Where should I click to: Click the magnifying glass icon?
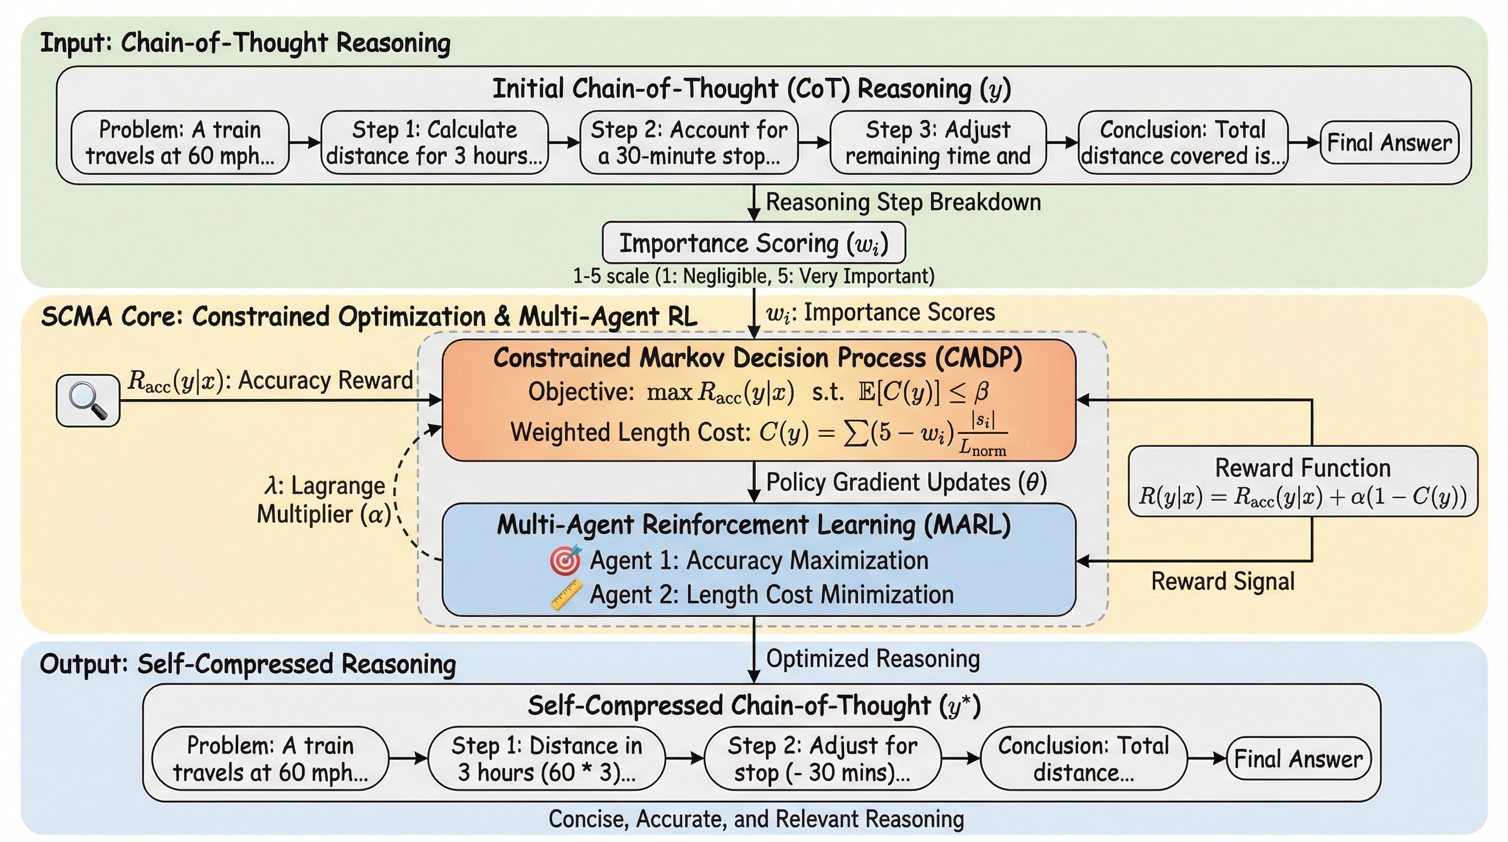88,401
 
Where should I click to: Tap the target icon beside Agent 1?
565,560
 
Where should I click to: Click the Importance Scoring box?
753,243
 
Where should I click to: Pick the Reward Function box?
1303,481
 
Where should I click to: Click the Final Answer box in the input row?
1389,143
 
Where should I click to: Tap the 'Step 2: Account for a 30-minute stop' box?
689,143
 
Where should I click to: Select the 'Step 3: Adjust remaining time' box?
938,143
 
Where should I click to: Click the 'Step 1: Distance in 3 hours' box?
547,759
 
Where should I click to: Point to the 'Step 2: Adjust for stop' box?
822,759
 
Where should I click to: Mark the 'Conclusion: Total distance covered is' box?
1183,143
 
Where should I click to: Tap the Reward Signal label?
1223,582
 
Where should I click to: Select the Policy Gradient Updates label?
906,482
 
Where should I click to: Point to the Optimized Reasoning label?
873,659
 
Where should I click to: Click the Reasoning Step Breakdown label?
903,202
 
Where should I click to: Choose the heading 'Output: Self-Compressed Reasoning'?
248,664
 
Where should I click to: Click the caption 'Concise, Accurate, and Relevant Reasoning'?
756,819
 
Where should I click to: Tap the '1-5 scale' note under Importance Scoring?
753,276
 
